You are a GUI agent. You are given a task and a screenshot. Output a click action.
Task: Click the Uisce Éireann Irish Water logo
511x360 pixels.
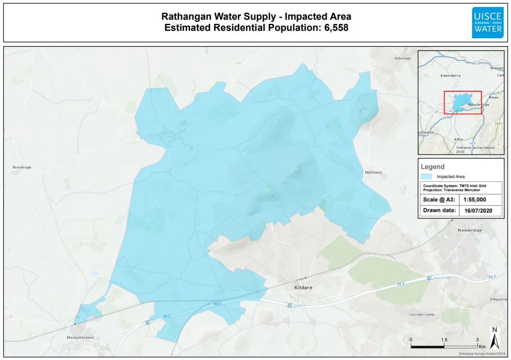pos(487,23)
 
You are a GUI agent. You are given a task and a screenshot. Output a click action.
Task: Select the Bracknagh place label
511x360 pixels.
pos(22,167)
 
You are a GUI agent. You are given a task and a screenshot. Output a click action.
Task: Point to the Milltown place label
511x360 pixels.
pos(373,172)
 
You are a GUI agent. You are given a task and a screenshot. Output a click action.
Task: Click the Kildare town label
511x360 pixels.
pos(303,288)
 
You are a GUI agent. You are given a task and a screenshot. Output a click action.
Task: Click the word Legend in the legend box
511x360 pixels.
pos(433,167)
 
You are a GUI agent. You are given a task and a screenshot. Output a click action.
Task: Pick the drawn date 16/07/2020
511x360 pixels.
pos(477,210)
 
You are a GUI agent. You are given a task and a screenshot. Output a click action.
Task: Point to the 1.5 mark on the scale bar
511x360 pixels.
pos(444,340)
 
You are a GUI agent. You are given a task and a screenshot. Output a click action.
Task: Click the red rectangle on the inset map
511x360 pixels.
pos(463,102)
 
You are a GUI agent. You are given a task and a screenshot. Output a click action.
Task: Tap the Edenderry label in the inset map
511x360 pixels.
pos(451,76)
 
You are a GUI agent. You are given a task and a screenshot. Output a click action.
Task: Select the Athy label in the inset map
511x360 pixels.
pos(458,139)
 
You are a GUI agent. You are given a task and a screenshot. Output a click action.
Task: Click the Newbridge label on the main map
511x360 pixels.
pos(470,230)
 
